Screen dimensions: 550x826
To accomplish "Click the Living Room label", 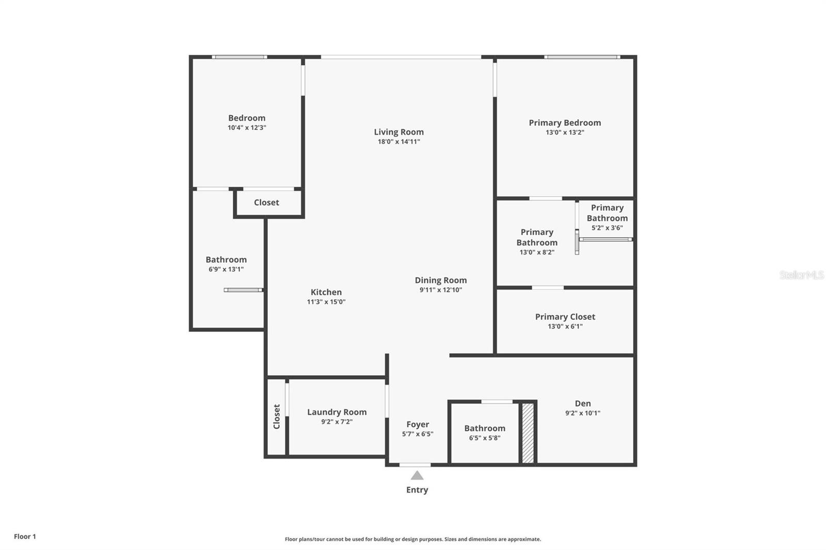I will coord(399,132).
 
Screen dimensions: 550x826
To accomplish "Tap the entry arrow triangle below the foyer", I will coord(417,476).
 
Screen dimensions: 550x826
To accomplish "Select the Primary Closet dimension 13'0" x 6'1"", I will coord(565,327).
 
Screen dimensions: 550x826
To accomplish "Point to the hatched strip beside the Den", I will coord(528,433).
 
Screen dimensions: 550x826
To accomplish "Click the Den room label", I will coord(583,403).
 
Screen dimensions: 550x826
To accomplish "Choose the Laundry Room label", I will coord(337,412).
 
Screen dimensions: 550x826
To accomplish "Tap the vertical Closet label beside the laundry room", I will coord(277,416).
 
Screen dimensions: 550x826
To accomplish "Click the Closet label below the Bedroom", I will coord(266,202).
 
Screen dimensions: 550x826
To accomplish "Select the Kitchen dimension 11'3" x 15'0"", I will coord(326,302).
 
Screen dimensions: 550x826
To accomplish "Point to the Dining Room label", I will coord(440,280).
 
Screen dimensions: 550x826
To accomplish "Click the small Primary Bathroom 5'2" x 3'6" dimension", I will coord(607,228).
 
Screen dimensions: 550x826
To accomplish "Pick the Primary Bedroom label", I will coord(565,123).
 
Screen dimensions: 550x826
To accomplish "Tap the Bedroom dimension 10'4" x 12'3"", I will coord(247,127).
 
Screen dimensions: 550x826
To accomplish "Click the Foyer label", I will coord(417,424).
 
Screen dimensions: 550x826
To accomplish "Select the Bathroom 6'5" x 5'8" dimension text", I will coord(484,438).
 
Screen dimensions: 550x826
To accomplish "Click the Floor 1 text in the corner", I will coord(25,537).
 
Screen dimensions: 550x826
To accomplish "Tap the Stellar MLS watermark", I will coord(801,275).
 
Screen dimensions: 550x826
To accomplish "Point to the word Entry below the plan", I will coord(417,490).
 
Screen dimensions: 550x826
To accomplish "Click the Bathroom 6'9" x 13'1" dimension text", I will coord(226,269).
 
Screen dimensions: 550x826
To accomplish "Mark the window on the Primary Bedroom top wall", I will coord(582,57).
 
